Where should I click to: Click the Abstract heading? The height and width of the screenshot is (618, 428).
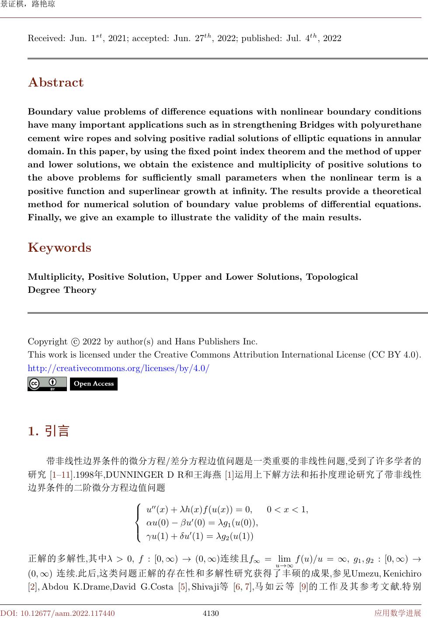click(56, 83)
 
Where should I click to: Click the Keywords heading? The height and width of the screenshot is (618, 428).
click(59, 248)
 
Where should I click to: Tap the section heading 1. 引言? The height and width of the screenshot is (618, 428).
click(49, 431)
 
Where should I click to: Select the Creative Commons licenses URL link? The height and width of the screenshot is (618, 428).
click(118, 368)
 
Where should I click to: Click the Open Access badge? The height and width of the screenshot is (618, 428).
click(94, 384)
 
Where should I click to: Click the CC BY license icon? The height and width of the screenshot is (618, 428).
click(47, 384)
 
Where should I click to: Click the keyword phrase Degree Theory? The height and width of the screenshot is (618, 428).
click(62, 290)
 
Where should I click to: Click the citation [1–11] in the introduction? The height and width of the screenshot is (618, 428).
click(60, 475)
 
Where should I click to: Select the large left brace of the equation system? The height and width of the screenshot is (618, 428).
click(139, 522)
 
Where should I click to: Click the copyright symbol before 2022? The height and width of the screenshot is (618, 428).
click(75, 342)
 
